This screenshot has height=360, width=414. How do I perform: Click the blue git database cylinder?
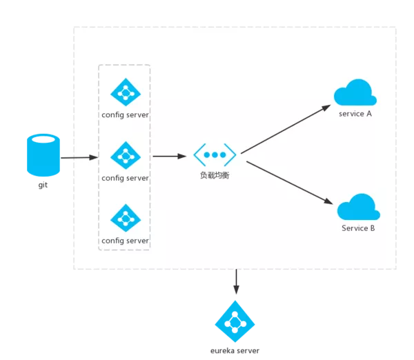click(43, 155)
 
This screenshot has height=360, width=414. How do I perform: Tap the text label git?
click(43, 186)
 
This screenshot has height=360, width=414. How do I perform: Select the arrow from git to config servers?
click(79, 158)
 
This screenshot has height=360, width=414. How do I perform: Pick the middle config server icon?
click(126, 156)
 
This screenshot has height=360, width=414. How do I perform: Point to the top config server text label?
click(125, 114)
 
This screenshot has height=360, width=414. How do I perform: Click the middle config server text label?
click(125, 178)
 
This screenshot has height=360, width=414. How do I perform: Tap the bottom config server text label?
click(125, 241)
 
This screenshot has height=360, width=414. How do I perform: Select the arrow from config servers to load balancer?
click(169, 157)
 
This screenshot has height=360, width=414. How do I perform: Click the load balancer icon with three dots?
click(215, 155)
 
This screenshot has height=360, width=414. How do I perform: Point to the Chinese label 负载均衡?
click(215, 176)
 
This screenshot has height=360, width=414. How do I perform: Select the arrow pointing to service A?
click(286, 129)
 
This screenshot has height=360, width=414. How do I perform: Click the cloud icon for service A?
click(355, 93)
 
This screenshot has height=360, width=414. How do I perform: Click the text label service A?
click(355, 114)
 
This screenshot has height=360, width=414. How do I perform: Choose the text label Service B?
click(358, 228)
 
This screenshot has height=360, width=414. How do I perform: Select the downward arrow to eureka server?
click(236, 282)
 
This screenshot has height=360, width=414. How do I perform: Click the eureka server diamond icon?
click(235, 321)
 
